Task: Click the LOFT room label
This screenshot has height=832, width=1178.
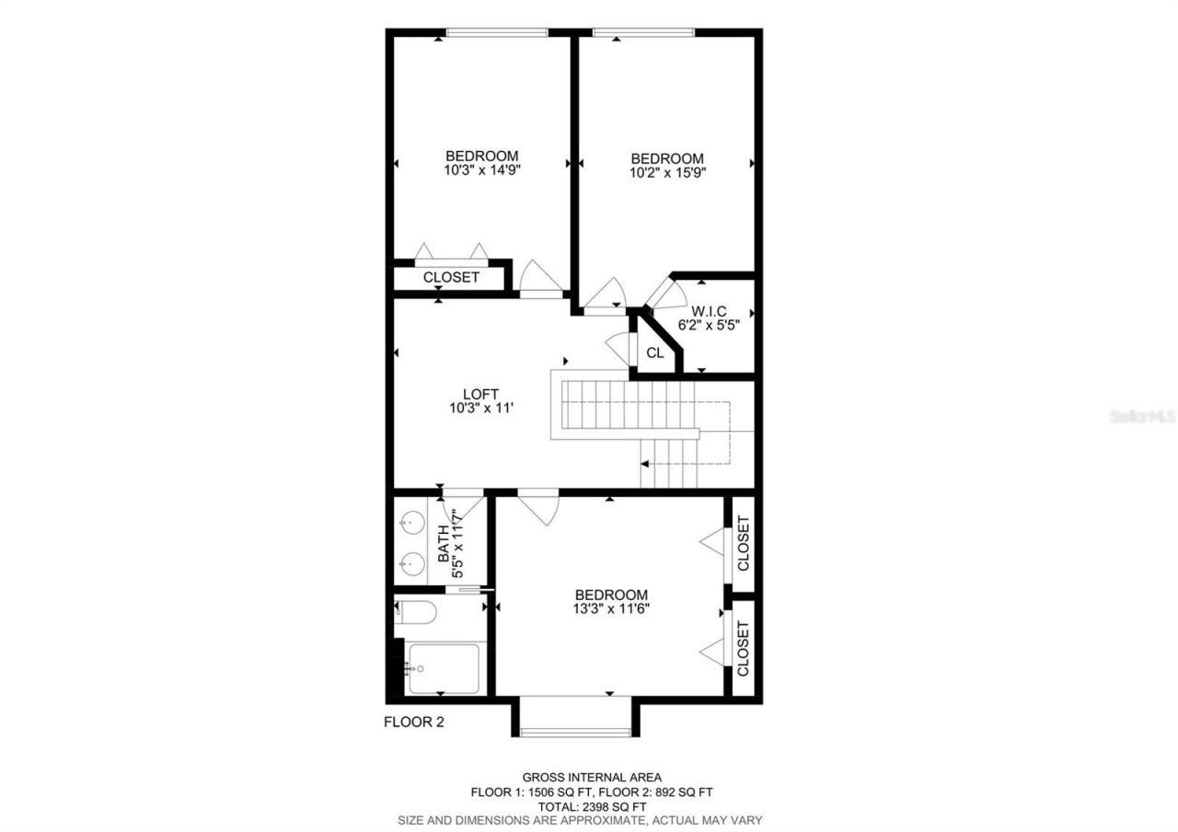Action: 480,395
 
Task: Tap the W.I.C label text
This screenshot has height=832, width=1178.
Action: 709,311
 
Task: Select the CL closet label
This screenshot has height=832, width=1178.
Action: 655,352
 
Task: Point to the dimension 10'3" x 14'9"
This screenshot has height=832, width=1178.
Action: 482,169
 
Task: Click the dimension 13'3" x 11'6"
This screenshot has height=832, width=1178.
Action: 611,608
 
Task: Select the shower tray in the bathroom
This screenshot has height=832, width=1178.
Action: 444,669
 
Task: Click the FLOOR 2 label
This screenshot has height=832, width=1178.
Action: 414,722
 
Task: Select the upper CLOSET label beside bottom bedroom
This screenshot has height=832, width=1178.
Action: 744,543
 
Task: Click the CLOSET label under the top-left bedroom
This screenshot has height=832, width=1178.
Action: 451,277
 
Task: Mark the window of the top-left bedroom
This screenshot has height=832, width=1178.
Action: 497,33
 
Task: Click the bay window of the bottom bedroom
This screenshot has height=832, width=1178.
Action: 576,732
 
